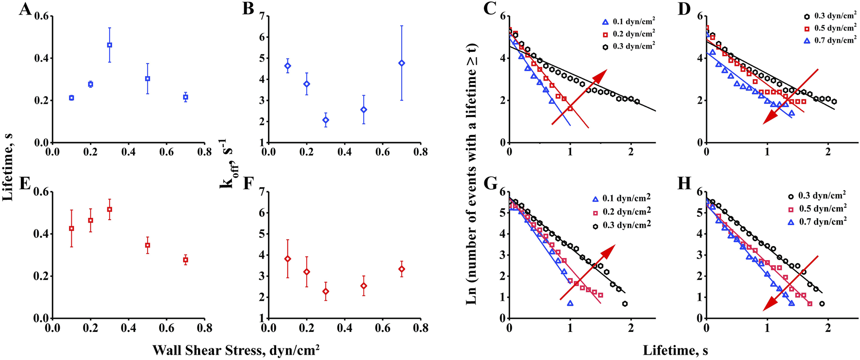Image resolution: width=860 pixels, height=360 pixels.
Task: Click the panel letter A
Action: click(25, 9)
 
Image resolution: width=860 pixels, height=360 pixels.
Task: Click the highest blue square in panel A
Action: click(110, 45)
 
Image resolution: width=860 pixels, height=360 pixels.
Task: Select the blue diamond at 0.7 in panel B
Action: click(401, 63)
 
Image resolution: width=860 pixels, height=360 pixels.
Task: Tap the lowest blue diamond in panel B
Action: click(326, 120)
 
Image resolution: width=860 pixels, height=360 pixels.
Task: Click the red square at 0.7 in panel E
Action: click(185, 260)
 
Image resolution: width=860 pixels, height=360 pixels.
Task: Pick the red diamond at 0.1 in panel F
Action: click(288, 259)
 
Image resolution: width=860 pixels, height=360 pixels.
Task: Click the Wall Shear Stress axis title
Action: click(236, 350)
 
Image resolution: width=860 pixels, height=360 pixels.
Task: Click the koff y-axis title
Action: click(226, 163)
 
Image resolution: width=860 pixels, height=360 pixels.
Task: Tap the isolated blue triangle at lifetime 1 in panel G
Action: click(570, 303)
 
